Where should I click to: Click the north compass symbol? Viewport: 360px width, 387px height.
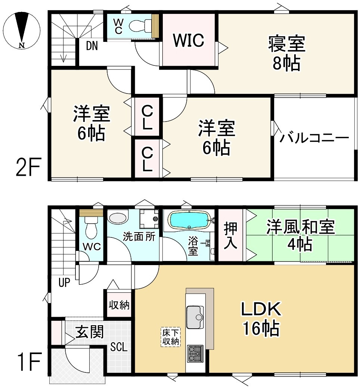[21, 30]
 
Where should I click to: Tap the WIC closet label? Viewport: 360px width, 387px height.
[189, 40]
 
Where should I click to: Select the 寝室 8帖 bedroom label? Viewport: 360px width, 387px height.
[286, 53]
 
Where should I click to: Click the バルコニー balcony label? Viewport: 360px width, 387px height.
[314, 138]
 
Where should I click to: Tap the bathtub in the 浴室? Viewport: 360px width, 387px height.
[189, 220]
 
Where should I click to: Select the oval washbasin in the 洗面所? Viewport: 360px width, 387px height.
[118, 218]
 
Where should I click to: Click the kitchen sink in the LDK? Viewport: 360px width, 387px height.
[195, 313]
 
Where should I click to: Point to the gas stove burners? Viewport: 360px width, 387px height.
[195, 353]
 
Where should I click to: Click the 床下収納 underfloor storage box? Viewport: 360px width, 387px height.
[171, 337]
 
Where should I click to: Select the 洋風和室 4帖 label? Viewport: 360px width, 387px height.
[300, 236]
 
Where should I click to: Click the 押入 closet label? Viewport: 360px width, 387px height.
[231, 235]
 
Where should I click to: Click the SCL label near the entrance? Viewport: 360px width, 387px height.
[119, 347]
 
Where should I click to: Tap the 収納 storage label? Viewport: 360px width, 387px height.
[119, 305]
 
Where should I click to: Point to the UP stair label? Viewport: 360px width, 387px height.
[64, 282]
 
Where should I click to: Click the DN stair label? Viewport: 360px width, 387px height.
[92, 46]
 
